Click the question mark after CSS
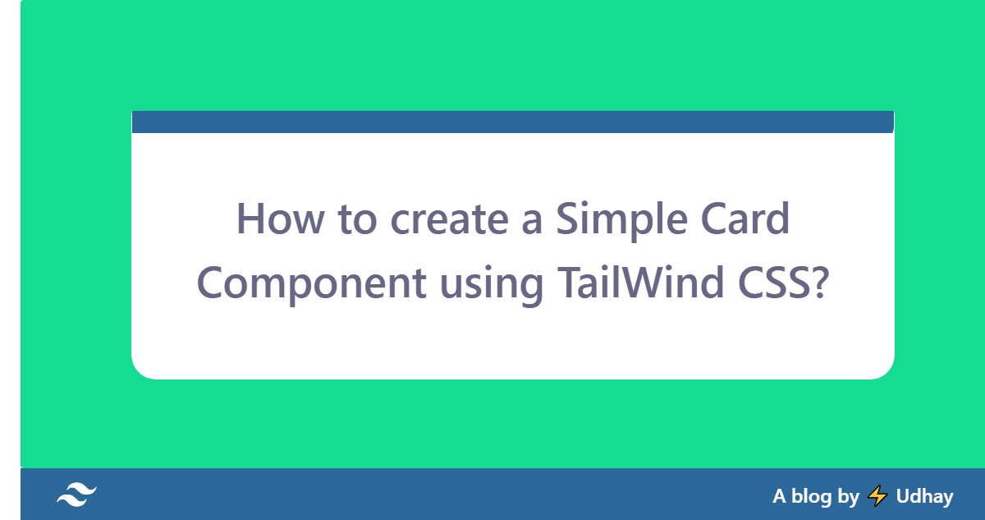pyautogui.click(x=815, y=283)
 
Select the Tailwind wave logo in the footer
pyautogui.click(x=76, y=495)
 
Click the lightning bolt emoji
pyautogui.click(x=877, y=495)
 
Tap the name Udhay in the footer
pyautogui.click(x=925, y=496)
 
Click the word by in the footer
pyautogui.click(x=849, y=497)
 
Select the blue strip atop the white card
pyautogui.click(x=512, y=122)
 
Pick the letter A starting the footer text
pyautogui.click(x=780, y=496)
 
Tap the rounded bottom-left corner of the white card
pyautogui.click(x=141, y=370)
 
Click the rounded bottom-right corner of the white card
pyautogui.click(x=884, y=370)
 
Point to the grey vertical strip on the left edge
pyautogui.click(x=10, y=260)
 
